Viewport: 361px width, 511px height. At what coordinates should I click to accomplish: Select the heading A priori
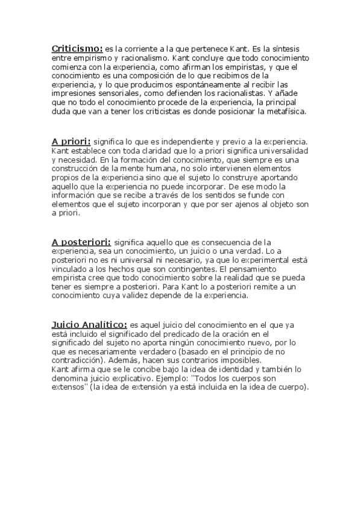click(71, 140)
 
